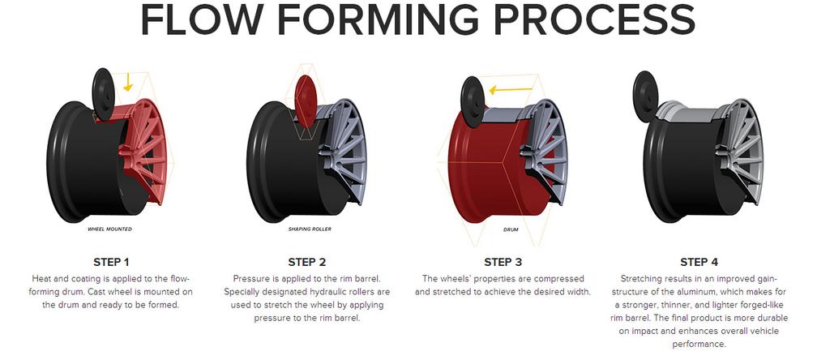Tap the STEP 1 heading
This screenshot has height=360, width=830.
tap(111, 262)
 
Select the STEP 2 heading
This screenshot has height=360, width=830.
tap(307, 262)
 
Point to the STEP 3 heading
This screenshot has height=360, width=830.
tap(503, 262)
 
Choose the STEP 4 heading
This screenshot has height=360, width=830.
tap(699, 262)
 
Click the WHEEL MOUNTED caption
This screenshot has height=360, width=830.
tap(109, 229)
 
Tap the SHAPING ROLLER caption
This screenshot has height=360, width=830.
tap(310, 229)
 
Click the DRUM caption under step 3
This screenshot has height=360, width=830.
tap(511, 229)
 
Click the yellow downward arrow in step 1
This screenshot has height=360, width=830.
tap(128, 82)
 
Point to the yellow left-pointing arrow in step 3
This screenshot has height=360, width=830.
tap(511, 90)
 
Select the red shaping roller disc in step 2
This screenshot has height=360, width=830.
tap(306, 101)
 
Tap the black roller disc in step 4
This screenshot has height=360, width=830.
tap(645, 96)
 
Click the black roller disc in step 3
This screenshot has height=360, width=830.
tap(473, 101)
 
